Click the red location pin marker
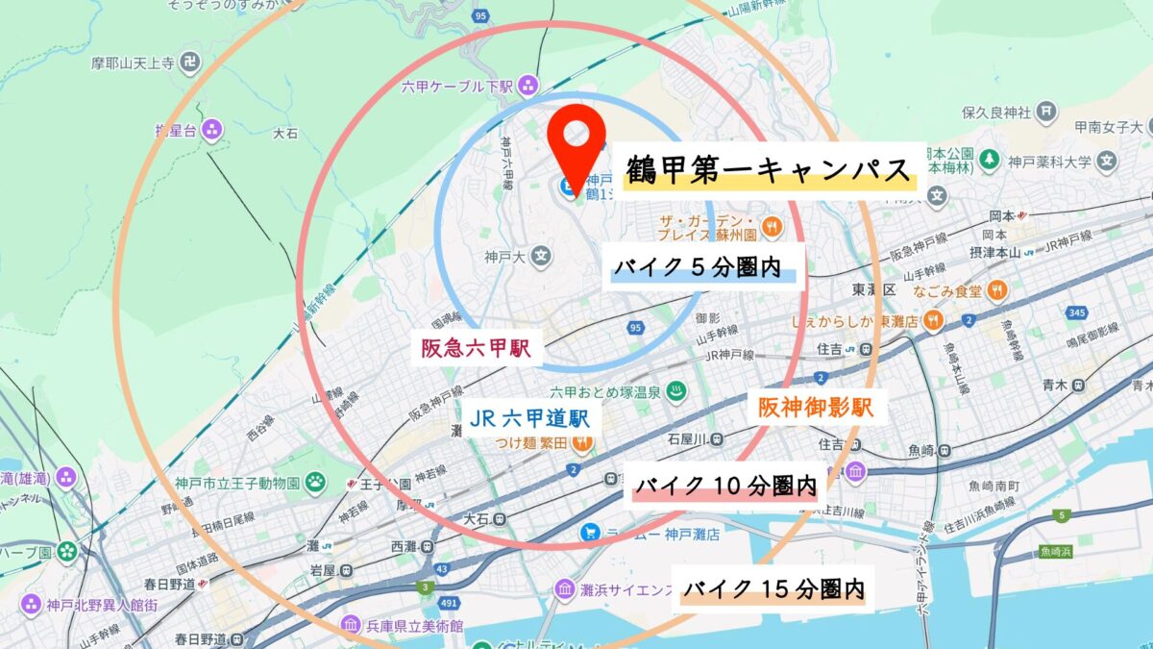(x=576, y=144)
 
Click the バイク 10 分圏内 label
(x=724, y=487)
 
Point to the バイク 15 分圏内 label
(x=773, y=588)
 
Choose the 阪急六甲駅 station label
(x=476, y=348)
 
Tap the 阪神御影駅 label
(x=816, y=408)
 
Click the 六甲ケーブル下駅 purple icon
(x=527, y=87)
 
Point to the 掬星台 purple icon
(x=211, y=129)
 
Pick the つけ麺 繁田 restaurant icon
(x=580, y=443)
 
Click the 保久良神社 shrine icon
(x=1046, y=112)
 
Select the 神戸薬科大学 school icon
(x=1108, y=160)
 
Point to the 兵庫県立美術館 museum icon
(x=350, y=625)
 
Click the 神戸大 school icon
(x=542, y=257)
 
